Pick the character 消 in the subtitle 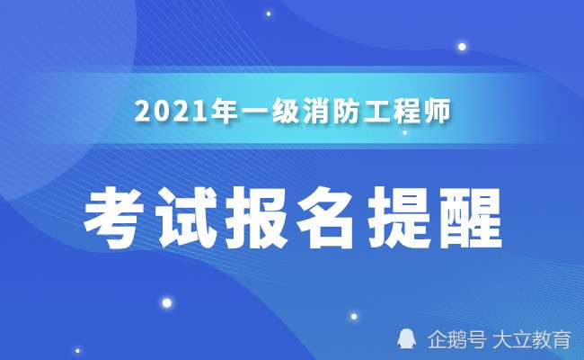click(x=315, y=113)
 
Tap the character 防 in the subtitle click(x=348, y=113)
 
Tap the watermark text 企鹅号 click(x=457, y=340)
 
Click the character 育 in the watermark click(x=562, y=340)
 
